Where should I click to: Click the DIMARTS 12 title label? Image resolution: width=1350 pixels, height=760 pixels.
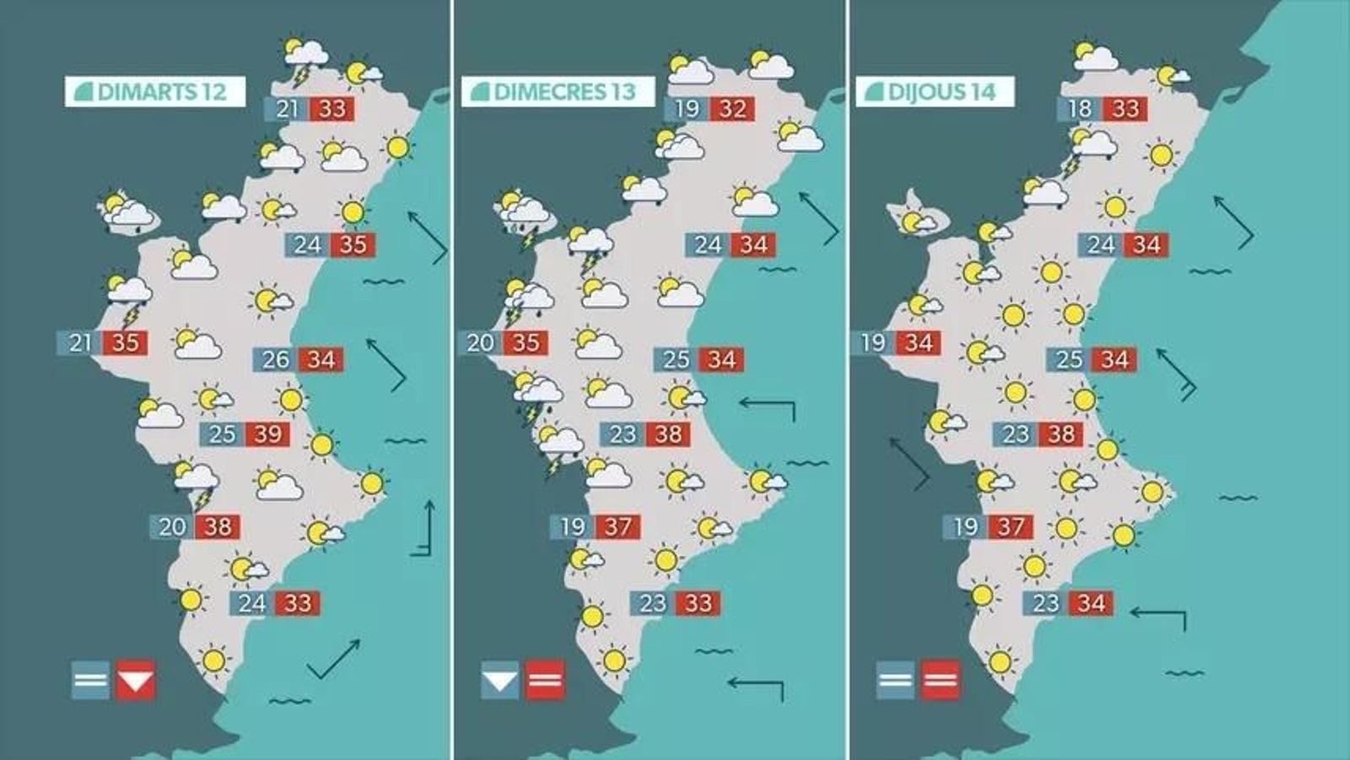click(155, 92)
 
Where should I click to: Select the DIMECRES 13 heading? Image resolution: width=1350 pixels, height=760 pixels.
click(558, 92)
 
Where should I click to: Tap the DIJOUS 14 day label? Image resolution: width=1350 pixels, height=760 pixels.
click(935, 92)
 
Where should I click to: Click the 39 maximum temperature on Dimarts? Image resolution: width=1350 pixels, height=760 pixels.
click(267, 434)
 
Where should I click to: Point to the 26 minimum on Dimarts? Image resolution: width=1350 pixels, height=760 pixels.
click(275, 360)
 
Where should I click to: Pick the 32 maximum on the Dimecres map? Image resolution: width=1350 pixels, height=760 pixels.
click(732, 109)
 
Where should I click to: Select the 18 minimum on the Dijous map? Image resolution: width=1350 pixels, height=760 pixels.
click(1079, 109)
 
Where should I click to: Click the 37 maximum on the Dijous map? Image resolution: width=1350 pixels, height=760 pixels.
click(1011, 527)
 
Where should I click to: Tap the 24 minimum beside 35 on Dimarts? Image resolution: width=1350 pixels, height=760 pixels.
click(307, 245)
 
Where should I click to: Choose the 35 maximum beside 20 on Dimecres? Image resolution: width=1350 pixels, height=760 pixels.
click(526, 343)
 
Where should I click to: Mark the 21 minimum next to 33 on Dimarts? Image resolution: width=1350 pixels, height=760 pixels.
click(287, 109)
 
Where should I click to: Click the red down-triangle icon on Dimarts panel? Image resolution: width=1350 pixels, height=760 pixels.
click(136, 680)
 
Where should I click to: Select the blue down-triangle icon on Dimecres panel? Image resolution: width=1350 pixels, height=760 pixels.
click(499, 680)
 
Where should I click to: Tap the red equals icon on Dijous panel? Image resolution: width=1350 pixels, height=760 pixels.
click(940, 680)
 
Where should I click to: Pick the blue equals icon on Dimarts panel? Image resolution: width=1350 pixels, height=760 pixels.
click(90, 680)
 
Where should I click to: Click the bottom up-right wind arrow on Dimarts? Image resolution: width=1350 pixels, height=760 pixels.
click(334, 659)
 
